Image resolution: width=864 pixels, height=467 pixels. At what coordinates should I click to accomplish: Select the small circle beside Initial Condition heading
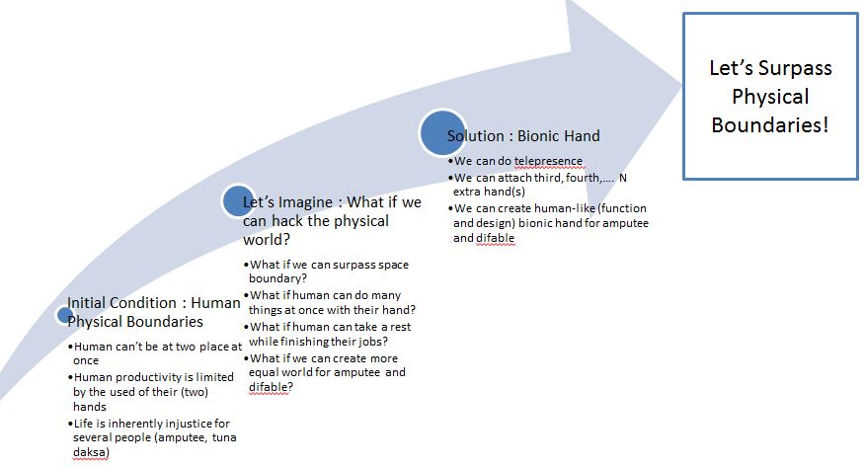pyautogui.click(x=64, y=316)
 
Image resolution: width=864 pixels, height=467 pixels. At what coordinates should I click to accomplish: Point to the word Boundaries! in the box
pyautogui.click(x=771, y=126)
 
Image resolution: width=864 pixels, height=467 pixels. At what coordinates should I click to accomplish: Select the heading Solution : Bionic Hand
pyautogui.click(x=523, y=136)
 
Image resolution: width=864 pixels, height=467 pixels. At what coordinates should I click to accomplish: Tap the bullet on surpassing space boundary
pyautogui.click(x=328, y=272)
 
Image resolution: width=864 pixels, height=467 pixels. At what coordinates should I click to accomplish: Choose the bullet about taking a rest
pyautogui.click(x=331, y=334)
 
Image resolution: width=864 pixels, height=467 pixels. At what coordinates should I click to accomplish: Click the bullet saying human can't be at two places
pyautogui.click(x=155, y=353)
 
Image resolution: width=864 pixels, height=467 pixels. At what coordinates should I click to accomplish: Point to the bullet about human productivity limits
pyautogui.click(x=152, y=391)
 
